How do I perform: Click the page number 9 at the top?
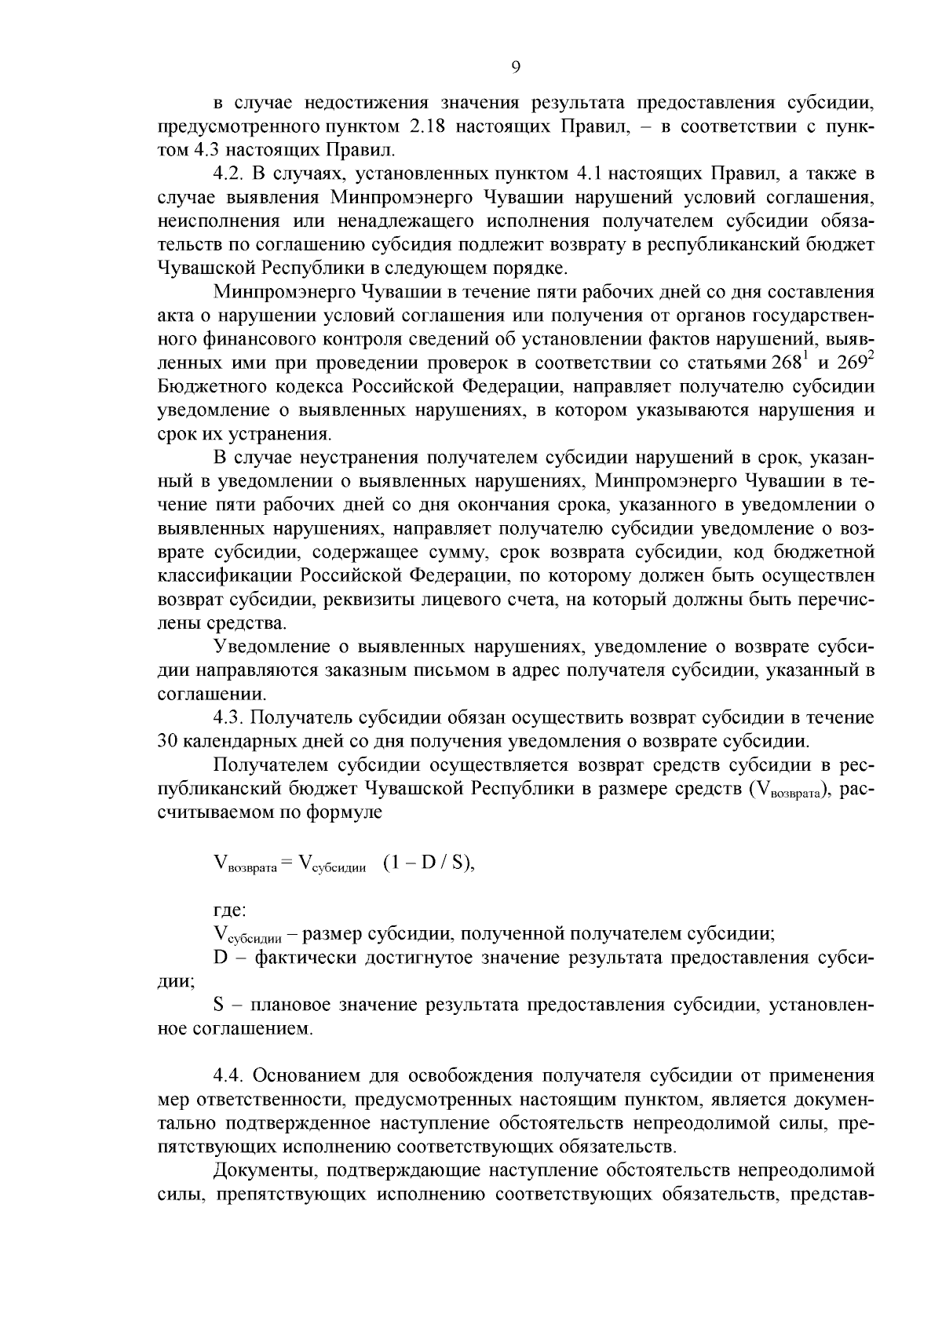tap(516, 68)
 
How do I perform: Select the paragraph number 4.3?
tap(228, 717)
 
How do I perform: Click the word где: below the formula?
tap(230, 911)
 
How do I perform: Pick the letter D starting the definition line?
tap(220, 958)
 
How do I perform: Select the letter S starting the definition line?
tap(219, 1005)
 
